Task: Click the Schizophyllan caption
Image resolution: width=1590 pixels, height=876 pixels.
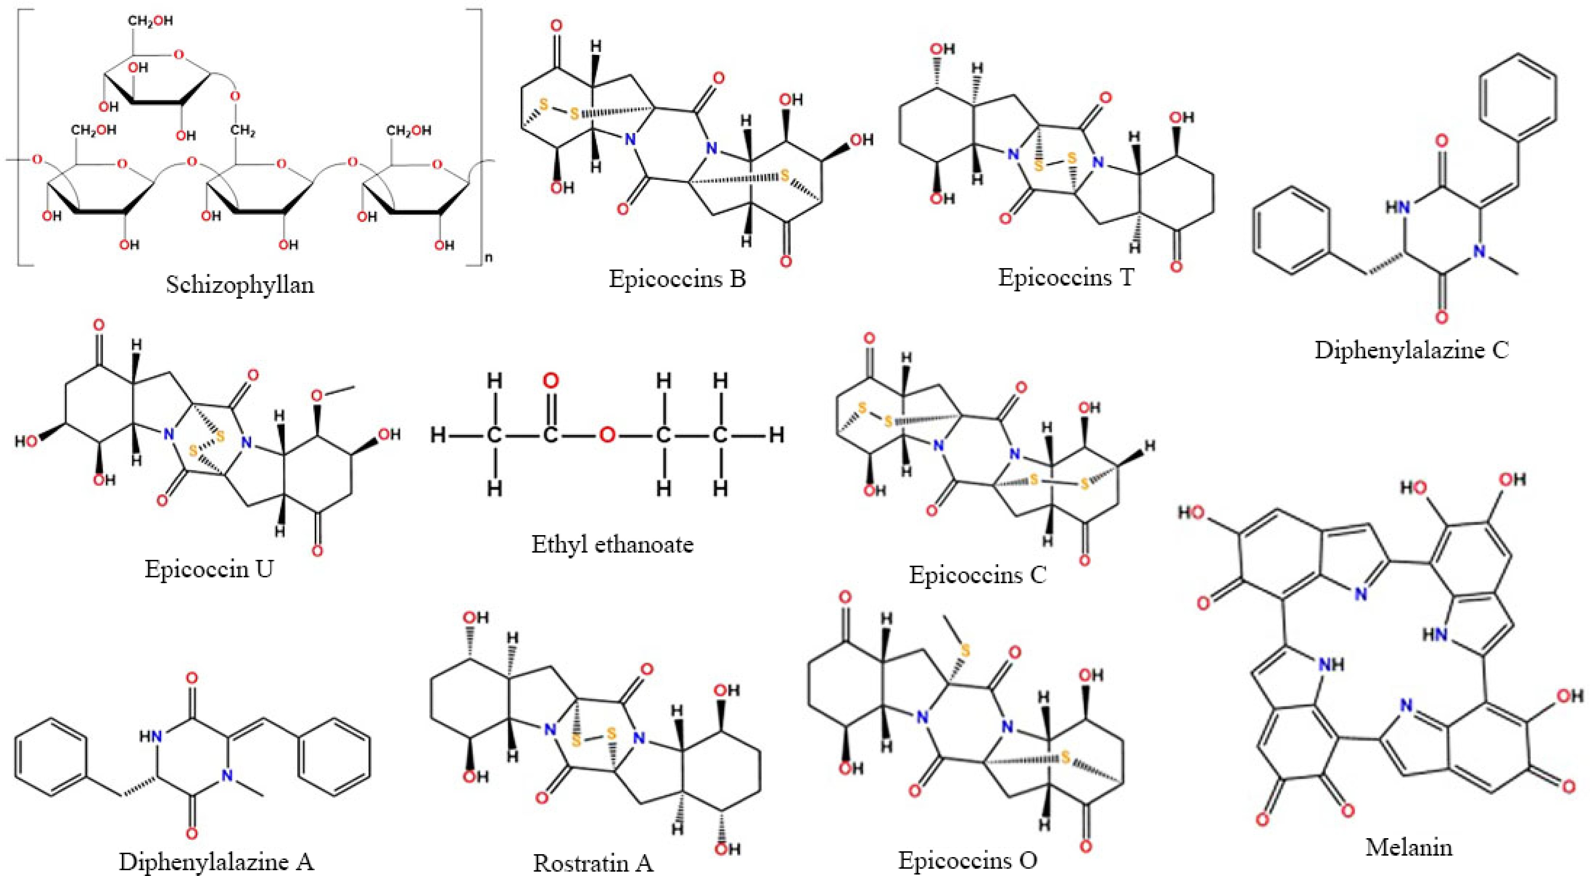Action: click(x=240, y=284)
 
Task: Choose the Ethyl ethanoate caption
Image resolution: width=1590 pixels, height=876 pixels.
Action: click(x=612, y=544)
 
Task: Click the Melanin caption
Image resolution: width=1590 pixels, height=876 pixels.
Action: click(x=1408, y=847)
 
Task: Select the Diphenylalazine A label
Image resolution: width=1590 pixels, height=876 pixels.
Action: click(x=216, y=861)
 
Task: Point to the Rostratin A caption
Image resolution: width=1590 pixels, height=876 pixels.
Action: click(x=593, y=863)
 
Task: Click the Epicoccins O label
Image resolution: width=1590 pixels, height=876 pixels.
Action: click(x=967, y=859)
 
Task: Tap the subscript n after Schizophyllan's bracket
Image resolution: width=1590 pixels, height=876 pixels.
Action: click(x=489, y=258)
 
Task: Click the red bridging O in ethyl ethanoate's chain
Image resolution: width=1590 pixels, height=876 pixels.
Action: click(x=607, y=436)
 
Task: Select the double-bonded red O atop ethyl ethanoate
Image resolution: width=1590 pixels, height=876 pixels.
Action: click(x=550, y=382)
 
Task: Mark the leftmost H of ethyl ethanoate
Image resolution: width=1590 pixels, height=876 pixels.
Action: click(x=438, y=436)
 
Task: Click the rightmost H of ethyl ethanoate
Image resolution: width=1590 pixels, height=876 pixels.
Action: click(x=776, y=436)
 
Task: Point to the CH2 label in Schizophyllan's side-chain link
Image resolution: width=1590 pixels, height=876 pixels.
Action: click(x=244, y=131)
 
